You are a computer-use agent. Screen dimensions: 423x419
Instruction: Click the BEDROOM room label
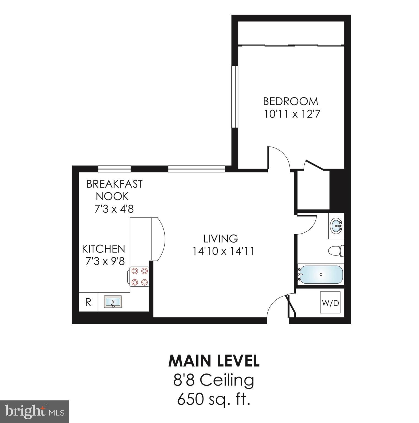[291, 101]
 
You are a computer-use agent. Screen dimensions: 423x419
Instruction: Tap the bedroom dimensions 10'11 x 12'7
[292, 114]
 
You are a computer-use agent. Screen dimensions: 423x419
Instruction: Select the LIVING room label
[221, 238]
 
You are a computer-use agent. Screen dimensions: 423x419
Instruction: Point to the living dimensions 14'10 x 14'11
[223, 251]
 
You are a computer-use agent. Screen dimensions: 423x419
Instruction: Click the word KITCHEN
[103, 249]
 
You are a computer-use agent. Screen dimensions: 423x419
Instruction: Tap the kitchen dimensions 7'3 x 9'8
[105, 261]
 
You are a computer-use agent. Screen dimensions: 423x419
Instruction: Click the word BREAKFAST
[114, 184]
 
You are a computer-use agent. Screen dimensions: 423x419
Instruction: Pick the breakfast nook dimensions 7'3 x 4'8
[114, 209]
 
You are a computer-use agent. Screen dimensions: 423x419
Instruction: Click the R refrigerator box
[88, 302]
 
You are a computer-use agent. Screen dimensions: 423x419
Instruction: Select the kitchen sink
[113, 302]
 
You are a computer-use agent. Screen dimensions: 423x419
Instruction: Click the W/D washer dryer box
[330, 303]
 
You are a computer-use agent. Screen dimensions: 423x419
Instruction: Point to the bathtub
[321, 275]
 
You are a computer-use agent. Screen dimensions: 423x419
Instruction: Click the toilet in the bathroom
[336, 250]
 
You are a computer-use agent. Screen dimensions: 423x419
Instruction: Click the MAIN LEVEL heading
[214, 361]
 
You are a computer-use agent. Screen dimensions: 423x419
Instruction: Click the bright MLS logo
[34, 412]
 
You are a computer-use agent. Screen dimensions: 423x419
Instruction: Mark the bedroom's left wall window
[235, 97]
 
